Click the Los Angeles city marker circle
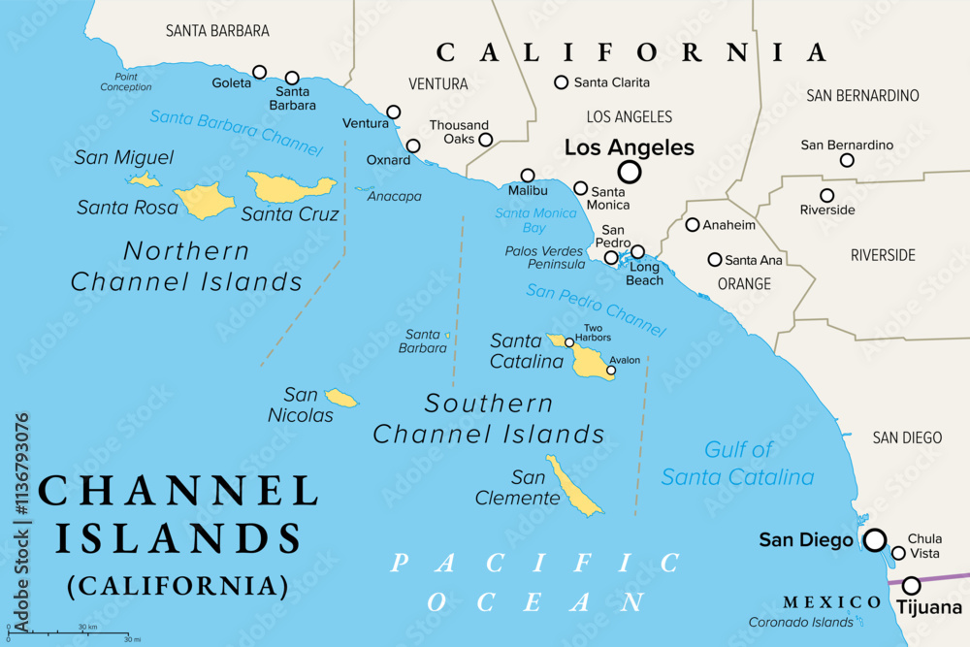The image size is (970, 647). [630, 173]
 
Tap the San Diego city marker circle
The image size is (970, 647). [875, 540]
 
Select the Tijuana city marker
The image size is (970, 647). [912, 585]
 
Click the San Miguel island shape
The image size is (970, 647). [145, 179]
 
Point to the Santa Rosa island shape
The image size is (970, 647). [204, 201]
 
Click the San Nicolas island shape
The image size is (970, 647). [340, 398]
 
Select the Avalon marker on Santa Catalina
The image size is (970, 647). [611, 370]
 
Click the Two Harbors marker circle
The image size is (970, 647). [569, 341]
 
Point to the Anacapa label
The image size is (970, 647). [395, 196]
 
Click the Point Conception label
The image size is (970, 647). [126, 81]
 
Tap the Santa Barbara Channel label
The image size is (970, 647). [236, 133]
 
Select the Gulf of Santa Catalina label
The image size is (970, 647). [737, 463]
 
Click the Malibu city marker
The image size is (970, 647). [527, 176]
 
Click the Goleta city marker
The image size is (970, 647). [259, 72]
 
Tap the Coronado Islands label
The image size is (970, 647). [800, 623]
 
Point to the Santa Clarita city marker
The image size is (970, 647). [561, 82]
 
